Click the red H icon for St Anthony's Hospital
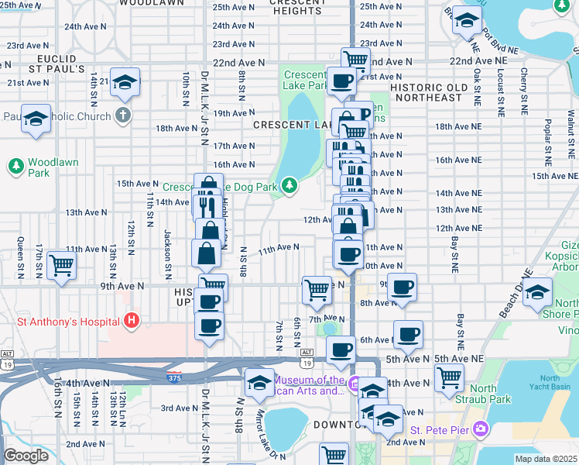coord(132,320)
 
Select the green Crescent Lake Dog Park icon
coord(289,185)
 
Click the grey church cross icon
coord(122,115)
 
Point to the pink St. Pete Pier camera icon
coord(480,429)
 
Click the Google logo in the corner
coord(26,456)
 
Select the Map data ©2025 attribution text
coord(546,459)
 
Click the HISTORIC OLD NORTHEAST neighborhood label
coord(427,93)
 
